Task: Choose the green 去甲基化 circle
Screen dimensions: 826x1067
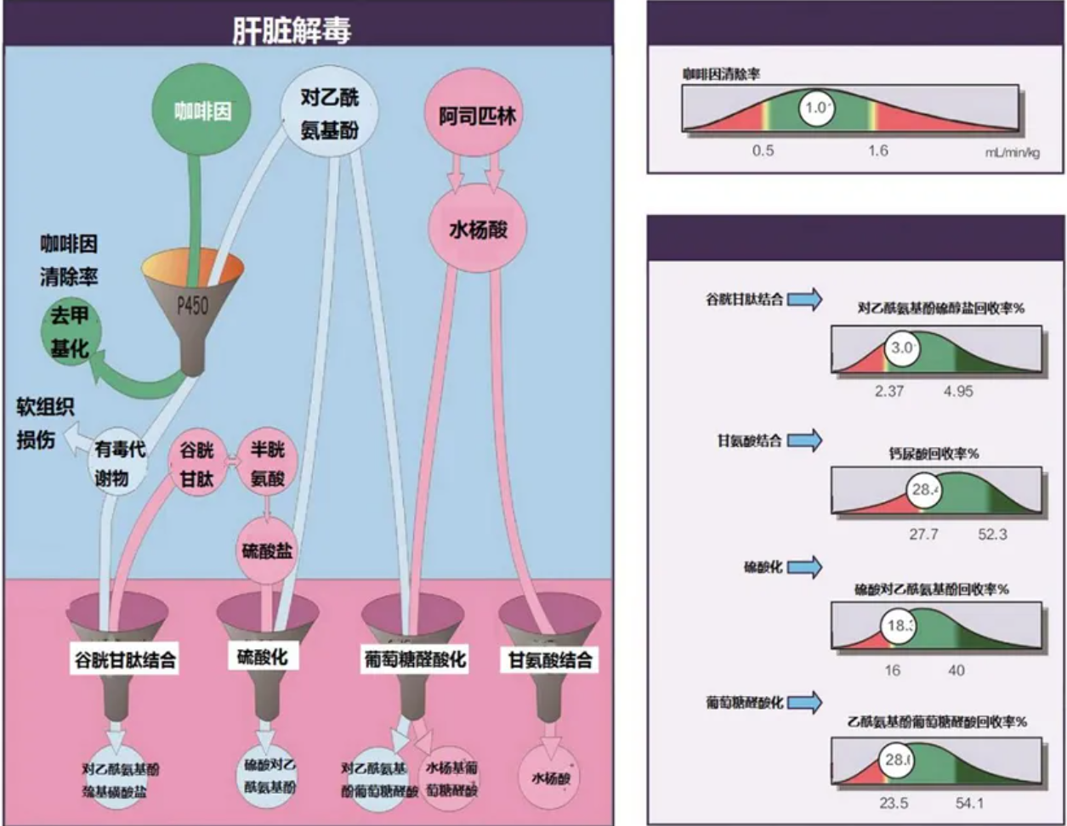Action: (x=69, y=333)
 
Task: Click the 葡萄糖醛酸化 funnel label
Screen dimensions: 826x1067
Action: (x=414, y=659)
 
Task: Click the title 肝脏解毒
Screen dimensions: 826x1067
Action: (x=292, y=31)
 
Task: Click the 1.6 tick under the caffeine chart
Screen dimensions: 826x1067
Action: (x=878, y=151)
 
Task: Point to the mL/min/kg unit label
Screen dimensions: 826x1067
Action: (x=1012, y=152)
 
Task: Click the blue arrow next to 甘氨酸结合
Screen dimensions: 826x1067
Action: (x=805, y=440)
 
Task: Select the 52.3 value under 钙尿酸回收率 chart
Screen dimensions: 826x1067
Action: (x=992, y=535)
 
